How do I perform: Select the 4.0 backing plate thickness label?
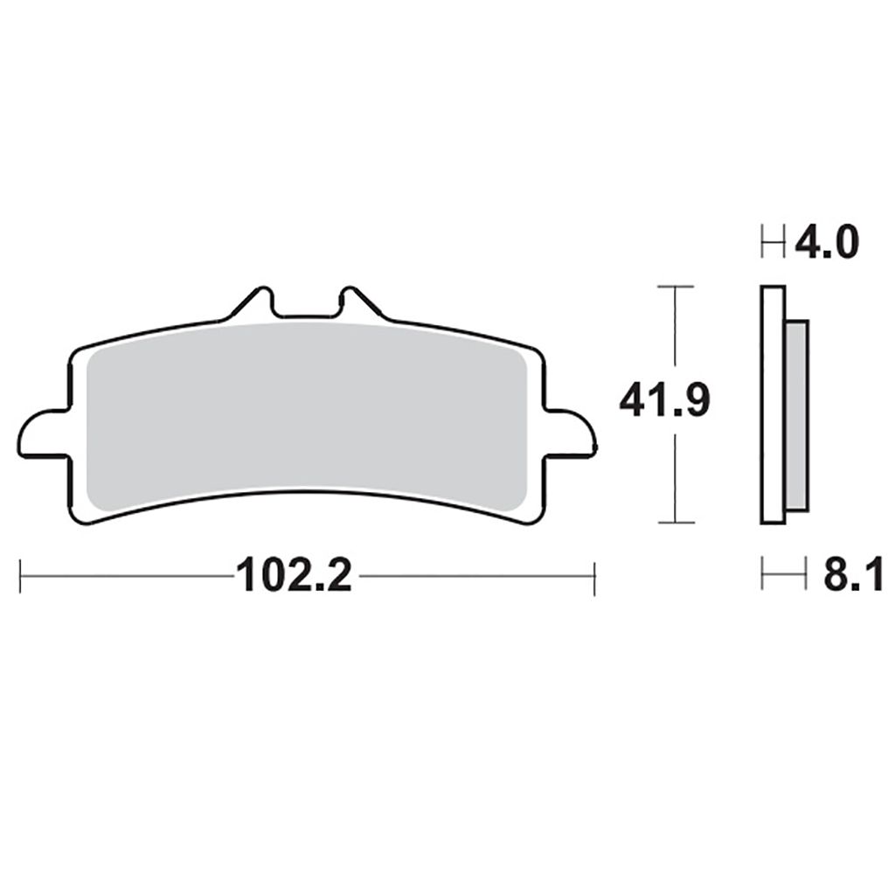(827, 242)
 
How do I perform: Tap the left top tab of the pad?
(249, 302)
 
